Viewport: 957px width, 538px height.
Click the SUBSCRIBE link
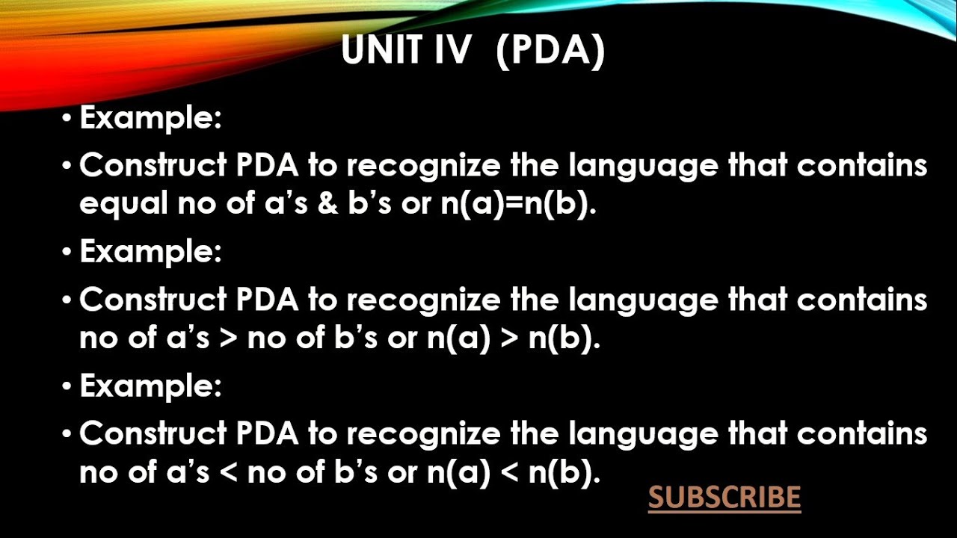(x=724, y=498)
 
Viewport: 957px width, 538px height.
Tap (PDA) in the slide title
(x=550, y=51)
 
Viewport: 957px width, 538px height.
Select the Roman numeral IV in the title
(x=450, y=51)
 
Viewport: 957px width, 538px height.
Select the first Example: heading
(x=150, y=119)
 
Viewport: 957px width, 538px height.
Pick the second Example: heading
(x=150, y=252)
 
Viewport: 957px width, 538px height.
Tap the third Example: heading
(x=150, y=386)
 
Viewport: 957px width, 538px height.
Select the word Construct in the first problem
(x=153, y=166)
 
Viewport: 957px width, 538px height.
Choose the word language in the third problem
(x=644, y=434)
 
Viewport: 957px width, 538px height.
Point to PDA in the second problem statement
(x=267, y=300)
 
